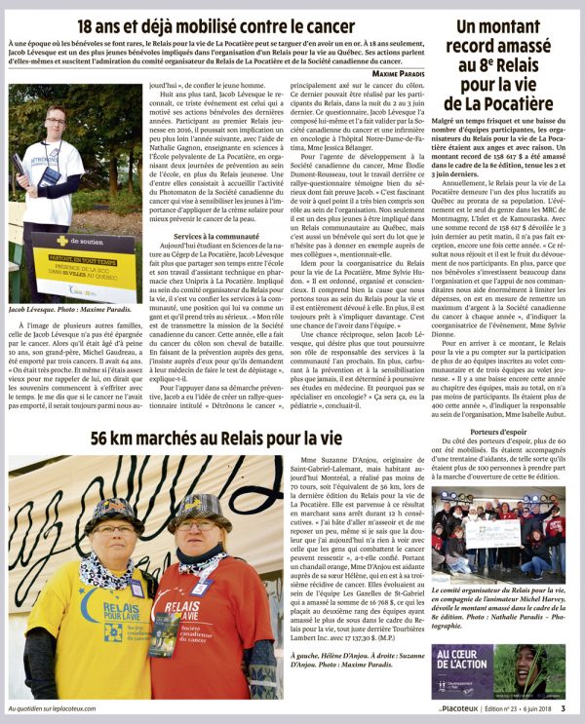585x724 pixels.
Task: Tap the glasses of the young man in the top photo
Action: tap(56, 120)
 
